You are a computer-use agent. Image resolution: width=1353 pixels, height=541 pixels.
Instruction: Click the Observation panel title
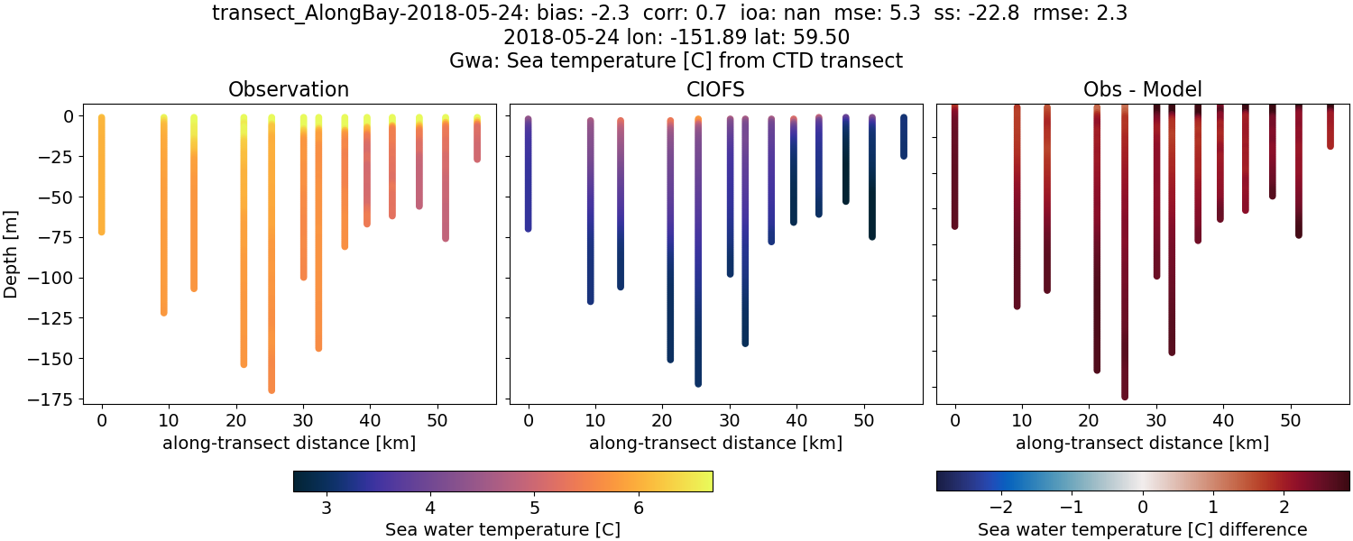click(x=289, y=89)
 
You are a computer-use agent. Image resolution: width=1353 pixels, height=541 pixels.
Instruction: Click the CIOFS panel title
click(x=715, y=89)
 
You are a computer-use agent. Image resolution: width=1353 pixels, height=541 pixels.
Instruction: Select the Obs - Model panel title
click(x=1142, y=89)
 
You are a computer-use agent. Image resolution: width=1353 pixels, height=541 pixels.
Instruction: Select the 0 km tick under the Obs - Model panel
click(x=954, y=419)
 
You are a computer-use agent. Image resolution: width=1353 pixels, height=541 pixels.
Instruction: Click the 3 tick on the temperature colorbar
click(x=326, y=507)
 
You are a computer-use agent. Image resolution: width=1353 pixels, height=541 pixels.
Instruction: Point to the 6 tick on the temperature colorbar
click(x=639, y=507)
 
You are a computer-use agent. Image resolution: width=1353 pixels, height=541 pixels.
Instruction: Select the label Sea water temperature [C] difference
click(x=1142, y=529)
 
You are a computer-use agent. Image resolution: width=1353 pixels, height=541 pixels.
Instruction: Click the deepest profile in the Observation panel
click(x=272, y=270)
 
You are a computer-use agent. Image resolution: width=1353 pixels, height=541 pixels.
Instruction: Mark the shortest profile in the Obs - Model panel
click(x=1330, y=126)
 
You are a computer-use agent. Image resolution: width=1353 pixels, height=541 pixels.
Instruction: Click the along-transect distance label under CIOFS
click(x=715, y=443)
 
